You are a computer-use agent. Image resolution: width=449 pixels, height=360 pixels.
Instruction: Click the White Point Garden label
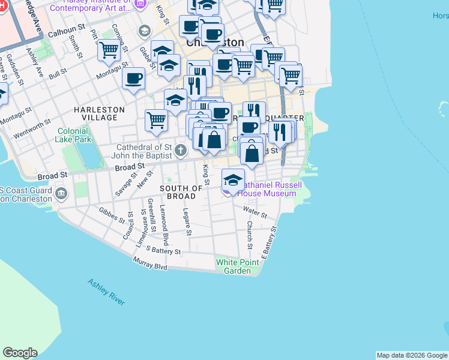(x=238, y=266)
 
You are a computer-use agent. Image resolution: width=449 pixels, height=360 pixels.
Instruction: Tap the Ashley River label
(x=106, y=292)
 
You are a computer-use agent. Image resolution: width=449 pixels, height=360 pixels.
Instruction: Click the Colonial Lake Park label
(x=74, y=135)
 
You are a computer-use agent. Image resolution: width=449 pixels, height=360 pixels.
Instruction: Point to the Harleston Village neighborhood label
(x=99, y=113)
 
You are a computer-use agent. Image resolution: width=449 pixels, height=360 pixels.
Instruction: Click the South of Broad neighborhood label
(x=177, y=192)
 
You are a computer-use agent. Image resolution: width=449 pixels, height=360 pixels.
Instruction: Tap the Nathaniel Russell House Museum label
(x=267, y=189)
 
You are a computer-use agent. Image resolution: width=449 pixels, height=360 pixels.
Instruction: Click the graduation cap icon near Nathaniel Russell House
(x=233, y=179)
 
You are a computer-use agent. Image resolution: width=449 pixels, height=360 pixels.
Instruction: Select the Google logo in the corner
(x=20, y=352)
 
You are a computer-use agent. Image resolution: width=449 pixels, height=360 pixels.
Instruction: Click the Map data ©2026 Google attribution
(x=412, y=355)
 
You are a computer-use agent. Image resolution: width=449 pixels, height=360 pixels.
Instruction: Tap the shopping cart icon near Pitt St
(x=109, y=50)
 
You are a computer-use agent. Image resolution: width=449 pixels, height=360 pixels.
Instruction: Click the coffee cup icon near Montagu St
(x=134, y=77)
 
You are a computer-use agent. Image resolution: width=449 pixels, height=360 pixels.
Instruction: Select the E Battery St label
(x=270, y=242)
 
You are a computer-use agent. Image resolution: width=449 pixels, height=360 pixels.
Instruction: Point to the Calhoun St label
(x=67, y=29)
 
